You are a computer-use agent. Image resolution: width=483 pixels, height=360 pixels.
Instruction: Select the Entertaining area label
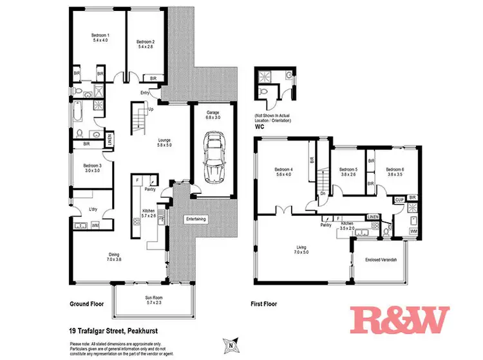point(196,219)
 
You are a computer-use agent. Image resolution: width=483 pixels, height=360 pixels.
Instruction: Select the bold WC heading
point(260,128)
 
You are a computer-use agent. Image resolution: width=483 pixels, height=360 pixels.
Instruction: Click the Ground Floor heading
point(87,304)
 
